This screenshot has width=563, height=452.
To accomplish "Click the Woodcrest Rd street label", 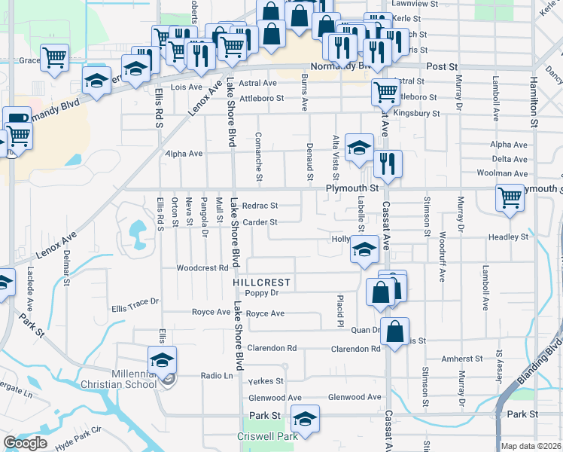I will pos(202,267).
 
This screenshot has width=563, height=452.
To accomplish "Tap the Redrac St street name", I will pos(260,205).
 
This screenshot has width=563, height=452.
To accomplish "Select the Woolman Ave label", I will pos(507,173).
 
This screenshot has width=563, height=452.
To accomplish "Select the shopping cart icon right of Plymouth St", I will pos(510,198).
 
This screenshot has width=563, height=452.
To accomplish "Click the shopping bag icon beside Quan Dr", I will pos(394,331).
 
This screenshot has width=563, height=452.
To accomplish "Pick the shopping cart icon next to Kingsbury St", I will pos(385,92).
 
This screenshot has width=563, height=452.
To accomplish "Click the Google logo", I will pos(25,443).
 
